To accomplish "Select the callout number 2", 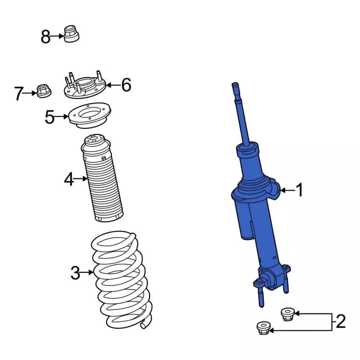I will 340,322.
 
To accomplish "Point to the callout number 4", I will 69,180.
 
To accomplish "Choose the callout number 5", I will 50,117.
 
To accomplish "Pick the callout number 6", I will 126,85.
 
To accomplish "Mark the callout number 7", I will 19,93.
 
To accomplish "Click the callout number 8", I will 46,37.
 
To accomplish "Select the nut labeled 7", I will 43,89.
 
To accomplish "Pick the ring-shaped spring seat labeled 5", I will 89,119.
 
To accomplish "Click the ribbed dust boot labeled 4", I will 103,180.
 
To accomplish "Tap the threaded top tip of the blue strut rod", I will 235,89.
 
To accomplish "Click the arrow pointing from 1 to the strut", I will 287,191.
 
